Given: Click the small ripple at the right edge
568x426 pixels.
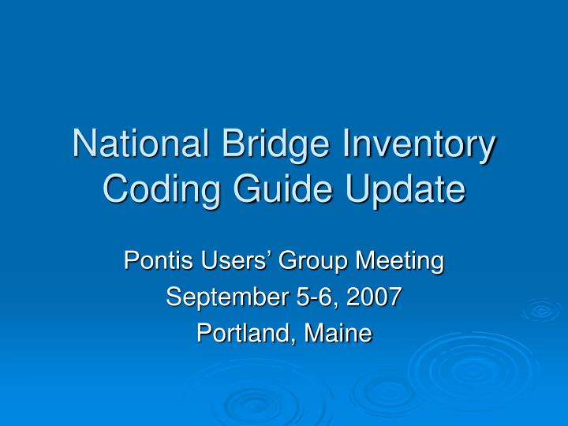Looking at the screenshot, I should (542, 311).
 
